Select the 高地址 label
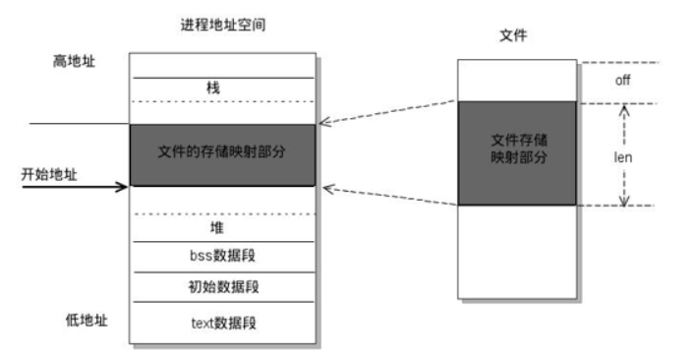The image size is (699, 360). coord(73,61)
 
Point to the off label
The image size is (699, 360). coord(621,80)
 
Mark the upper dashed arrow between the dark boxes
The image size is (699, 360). coord(388,112)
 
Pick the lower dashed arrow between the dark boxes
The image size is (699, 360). coord(388,194)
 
